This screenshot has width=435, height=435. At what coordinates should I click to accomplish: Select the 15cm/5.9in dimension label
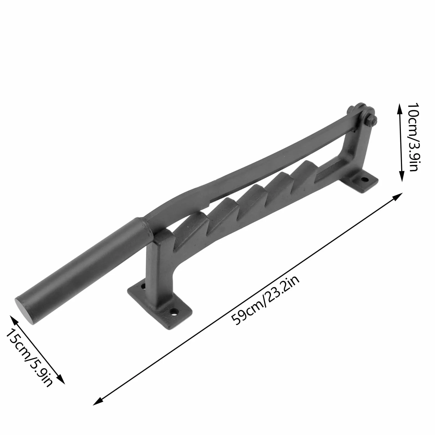29,358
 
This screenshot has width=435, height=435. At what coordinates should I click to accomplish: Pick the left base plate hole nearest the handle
143,286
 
